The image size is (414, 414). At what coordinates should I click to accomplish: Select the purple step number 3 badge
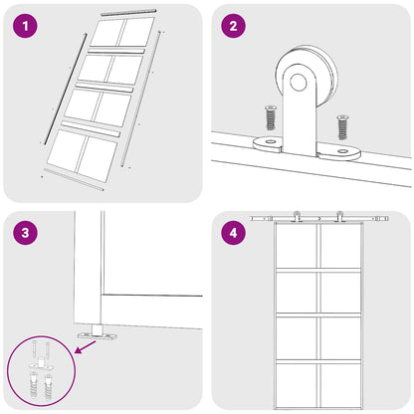click(x=26, y=235)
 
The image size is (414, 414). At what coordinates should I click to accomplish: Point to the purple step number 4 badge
click(x=234, y=235)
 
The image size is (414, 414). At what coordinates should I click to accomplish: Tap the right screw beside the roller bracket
click(x=342, y=126)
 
